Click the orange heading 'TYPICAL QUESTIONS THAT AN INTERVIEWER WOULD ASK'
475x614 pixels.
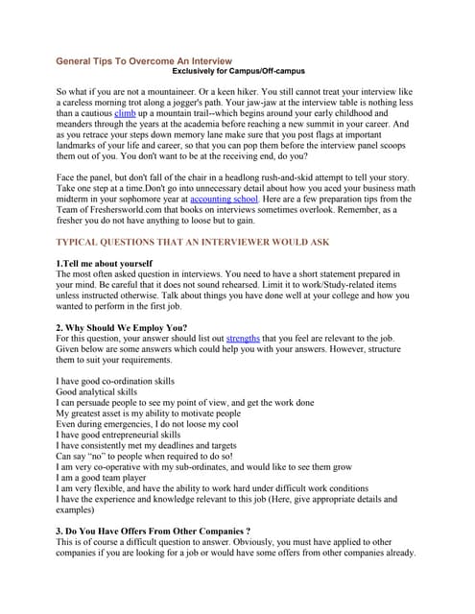(x=206, y=244)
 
